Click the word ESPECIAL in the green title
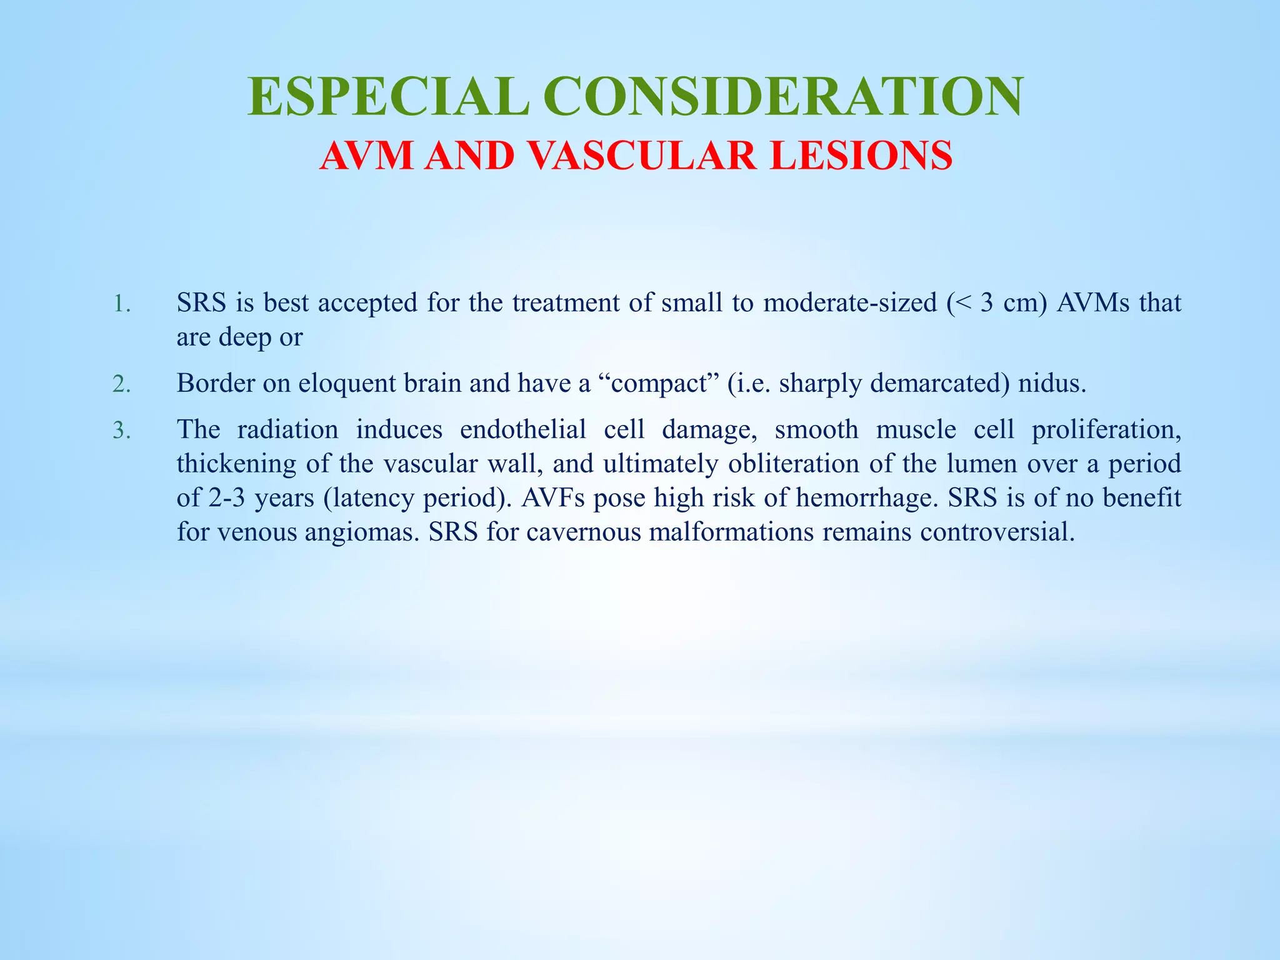[x=389, y=97]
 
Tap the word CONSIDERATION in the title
[x=783, y=97]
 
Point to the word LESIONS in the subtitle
[x=861, y=156]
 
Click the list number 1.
[x=121, y=304]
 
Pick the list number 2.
[x=121, y=384]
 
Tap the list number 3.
[x=121, y=431]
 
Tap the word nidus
[x=1052, y=383]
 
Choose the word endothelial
[x=523, y=430]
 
